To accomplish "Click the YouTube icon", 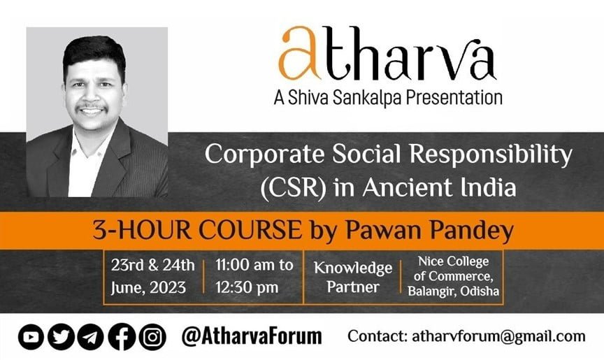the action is [31, 337].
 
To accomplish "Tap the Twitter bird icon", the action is [61, 337].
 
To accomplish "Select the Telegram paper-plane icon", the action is [90, 337].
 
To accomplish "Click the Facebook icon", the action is [122, 337].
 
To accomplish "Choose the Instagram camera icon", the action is [152, 337].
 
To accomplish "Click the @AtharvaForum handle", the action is [252, 336].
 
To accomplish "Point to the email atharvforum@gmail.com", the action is [498, 336].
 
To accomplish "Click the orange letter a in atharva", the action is [299, 53].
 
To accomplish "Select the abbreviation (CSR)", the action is [294, 188].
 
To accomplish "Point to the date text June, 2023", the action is [149, 288].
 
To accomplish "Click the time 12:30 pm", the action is [247, 287].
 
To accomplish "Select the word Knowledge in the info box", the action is [353, 268].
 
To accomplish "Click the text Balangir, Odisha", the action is [454, 291].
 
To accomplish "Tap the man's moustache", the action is [92, 107].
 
